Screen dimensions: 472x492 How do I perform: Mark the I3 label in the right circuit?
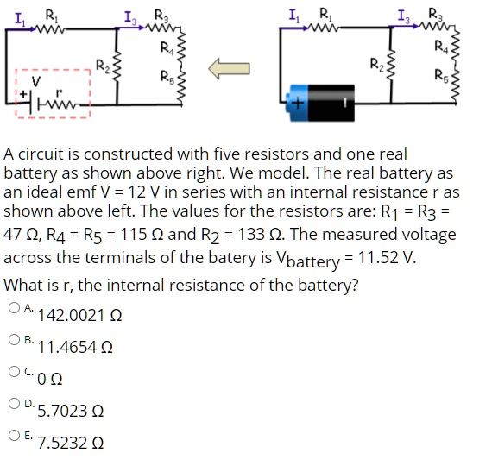401,14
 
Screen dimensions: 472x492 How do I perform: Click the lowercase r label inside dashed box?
59,89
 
